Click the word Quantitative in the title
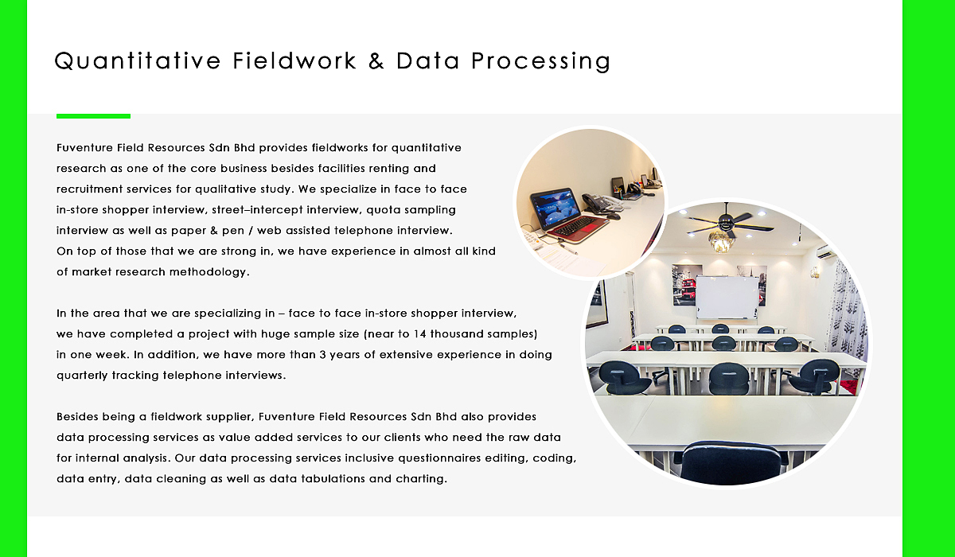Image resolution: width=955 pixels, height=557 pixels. [x=137, y=61]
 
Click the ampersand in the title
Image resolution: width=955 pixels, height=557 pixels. [x=376, y=61]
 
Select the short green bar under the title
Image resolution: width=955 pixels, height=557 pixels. [x=93, y=116]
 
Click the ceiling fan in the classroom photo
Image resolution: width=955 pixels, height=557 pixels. [x=729, y=223]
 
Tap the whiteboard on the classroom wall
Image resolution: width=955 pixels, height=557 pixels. [x=727, y=297]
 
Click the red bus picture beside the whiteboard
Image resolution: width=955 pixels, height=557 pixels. [x=686, y=285]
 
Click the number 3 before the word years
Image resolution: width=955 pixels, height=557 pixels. [x=322, y=355]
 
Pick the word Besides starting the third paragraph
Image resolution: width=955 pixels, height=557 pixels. [x=76, y=416]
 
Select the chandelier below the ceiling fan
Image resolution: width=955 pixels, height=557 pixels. [x=721, y=242]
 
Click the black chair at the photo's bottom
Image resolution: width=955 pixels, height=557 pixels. [x=731, y=463]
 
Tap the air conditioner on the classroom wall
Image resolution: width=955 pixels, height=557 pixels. [x=824, y=251]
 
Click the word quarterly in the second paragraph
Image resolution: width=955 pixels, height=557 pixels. [x=82, y=376]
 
